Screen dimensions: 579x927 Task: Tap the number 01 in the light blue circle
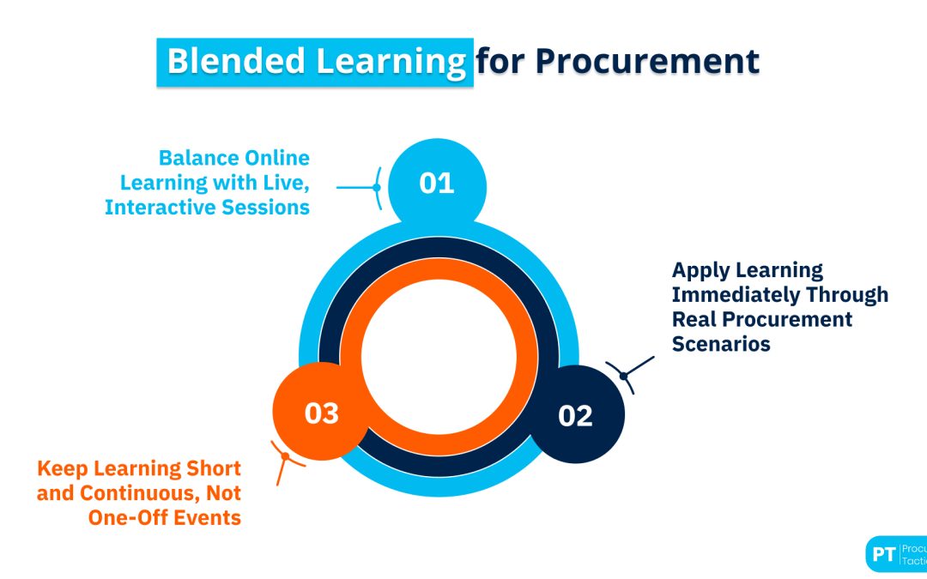click(x=437, y=184)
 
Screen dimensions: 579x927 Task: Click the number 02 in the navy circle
click(x=575, y=416)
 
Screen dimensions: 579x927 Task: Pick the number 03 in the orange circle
click(x=322, y=413)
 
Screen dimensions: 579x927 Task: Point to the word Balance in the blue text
click(x=199, y=159)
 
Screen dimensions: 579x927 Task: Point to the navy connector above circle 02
click(x=630, y=372)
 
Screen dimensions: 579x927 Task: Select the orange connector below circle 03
click(x=284, y=461)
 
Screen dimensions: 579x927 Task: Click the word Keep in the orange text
click(x=64, y=469)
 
